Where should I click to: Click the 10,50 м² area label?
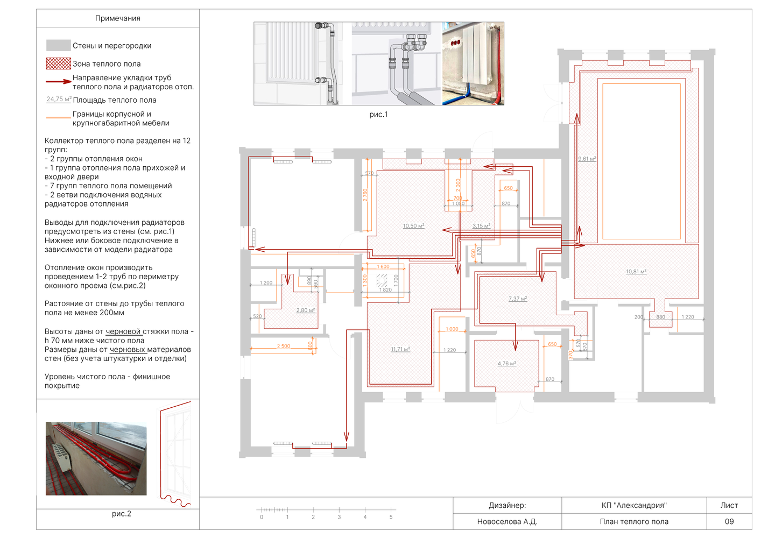(413, 226)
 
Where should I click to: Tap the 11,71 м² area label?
(400, 349)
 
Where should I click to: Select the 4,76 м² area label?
(507, 364)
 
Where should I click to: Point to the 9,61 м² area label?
(587, 159)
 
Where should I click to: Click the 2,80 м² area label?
(305, 310)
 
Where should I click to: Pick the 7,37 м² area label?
(518, 299)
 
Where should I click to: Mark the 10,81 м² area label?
(636, 271)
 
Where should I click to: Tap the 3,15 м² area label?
(481, 226)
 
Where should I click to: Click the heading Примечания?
(117, 18)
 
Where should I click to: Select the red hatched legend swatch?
(59, 63)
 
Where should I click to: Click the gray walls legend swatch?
(59, 45)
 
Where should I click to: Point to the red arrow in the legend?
(59, 82)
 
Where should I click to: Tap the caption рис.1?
(378, 115)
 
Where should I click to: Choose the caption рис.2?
(121, 514)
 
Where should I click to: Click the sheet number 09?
(729, 521)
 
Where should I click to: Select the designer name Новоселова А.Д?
(507, 521)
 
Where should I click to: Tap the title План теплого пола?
(634, 521)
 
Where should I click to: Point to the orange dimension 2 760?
(365, 195)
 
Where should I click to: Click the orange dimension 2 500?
(283, 346)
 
